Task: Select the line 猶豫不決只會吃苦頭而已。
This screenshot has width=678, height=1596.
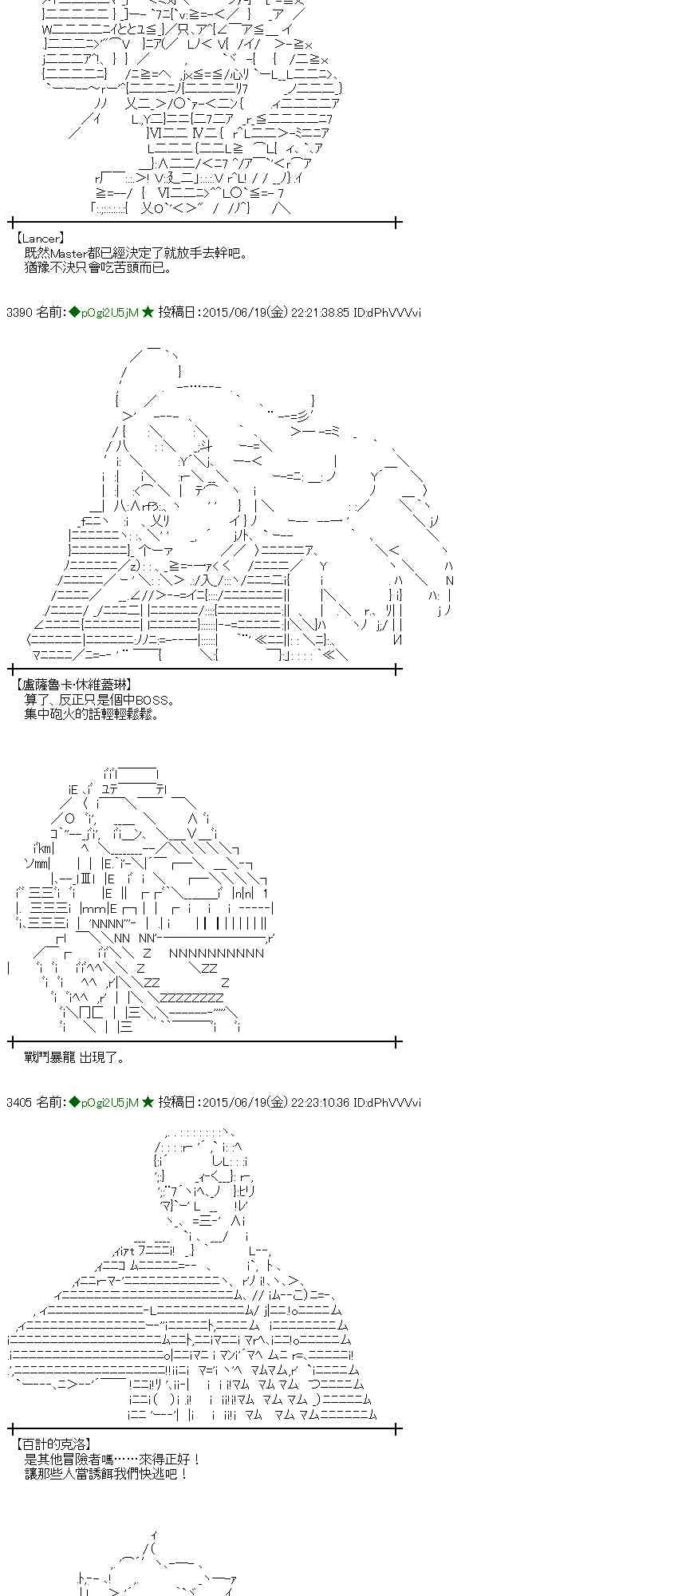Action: tap(98, 268)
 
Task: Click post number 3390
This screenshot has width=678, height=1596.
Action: tap(18, 313)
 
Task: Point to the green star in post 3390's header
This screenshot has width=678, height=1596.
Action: tap(148, 313)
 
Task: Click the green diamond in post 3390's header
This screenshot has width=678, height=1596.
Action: tap(74, 313)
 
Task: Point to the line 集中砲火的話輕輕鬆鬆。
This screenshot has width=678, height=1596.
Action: tap(92, 715)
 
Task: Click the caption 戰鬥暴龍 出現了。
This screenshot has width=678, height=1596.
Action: tap(75, 1058)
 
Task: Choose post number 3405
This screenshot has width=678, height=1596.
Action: tap(18, 1103)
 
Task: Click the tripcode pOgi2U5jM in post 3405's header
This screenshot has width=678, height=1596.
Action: tap(110, 1103)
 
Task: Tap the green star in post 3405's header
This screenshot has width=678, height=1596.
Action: tap(148, 1103)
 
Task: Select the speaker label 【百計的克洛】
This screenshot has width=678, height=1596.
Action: tap(53, 1444)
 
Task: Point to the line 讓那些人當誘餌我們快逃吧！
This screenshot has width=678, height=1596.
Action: tap(107, 1474)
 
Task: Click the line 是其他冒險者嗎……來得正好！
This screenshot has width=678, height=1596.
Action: tap(112, 1460)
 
